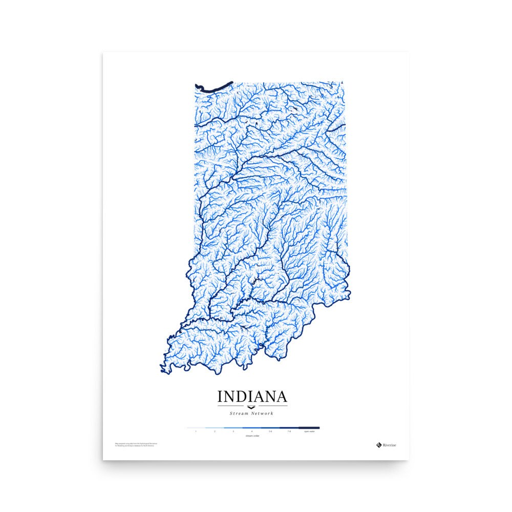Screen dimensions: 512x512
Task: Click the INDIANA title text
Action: [x=252, y=397]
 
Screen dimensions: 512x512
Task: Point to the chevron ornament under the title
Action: [x=252, y=407]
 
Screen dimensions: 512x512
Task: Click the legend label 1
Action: [x=196, y=432]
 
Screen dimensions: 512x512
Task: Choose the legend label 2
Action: [x=215, y=432]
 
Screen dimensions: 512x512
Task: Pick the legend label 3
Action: [x=233, y=432]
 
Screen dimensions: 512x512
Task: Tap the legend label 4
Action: [x=251, y=432]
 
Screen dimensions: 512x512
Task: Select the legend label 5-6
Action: [x=270, y=432]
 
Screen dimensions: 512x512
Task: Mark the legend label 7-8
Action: [x=289, y=432]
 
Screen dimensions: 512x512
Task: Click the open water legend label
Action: [x=309, y=432]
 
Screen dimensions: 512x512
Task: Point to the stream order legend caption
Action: [x=252, y=436]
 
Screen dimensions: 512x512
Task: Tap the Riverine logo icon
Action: [x=379, y=444]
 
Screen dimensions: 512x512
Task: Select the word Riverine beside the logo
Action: [x=390, y=445]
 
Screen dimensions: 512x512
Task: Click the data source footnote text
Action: [x=134, y=444]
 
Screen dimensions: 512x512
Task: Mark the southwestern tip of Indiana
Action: [x=163, y=370]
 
